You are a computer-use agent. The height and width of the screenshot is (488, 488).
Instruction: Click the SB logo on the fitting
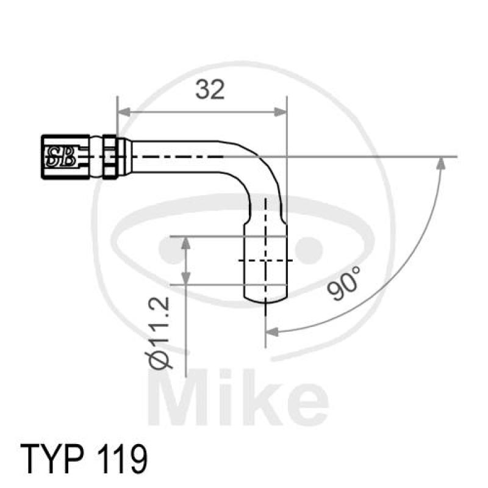(60, 157)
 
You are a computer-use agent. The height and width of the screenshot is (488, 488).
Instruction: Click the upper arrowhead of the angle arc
(441, 163)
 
